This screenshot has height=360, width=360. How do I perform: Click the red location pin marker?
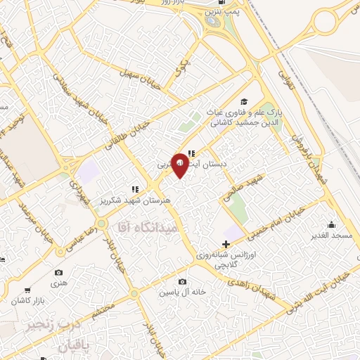tap(180, 164)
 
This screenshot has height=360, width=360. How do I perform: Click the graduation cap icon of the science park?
tap(244, 101)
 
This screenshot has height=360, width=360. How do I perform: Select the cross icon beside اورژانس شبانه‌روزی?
tap(225, 243)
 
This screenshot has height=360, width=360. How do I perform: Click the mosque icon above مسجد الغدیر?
tap(330, 224)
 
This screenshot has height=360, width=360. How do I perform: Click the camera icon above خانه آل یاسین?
tap(182, 282)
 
